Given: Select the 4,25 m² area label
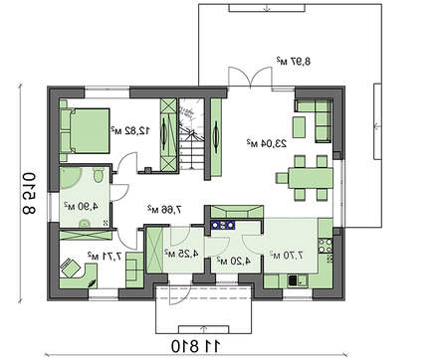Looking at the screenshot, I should (x=180, y=255).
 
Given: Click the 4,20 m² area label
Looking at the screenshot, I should (x=226, y=261).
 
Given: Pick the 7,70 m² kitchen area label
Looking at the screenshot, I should (x=288, y=255).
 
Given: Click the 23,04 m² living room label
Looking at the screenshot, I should (x=262, y=144).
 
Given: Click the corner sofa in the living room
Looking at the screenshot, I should (x=317, y=117).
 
